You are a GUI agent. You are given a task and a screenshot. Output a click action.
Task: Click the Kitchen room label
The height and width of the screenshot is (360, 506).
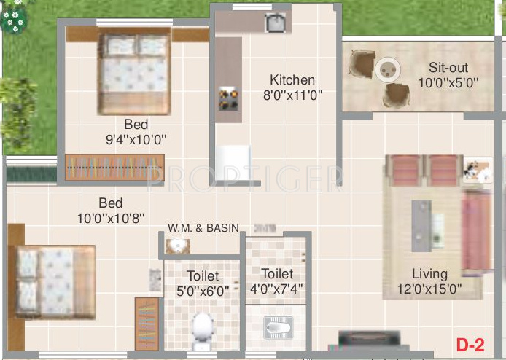292,80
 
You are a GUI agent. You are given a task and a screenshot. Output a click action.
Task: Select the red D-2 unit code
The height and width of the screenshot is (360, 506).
471,343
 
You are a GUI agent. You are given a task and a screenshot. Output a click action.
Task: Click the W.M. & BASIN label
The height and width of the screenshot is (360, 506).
203,228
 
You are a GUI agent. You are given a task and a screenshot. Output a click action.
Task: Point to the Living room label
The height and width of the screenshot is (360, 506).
429,274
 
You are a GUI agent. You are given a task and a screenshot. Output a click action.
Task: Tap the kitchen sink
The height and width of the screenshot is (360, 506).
276,24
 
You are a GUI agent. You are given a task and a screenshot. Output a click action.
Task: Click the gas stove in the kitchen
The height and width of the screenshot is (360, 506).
229,98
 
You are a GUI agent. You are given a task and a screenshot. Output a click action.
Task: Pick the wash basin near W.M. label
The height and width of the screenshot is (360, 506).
177,246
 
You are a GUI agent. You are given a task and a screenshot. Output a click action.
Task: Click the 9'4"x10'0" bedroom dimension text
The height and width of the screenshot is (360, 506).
136,138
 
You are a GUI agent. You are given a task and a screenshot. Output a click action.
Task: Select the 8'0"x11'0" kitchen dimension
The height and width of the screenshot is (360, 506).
292,95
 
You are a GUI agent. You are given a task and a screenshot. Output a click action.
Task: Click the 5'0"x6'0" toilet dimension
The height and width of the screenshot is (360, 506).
203,290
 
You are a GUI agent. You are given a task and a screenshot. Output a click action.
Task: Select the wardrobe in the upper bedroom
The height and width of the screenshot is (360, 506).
114,166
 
